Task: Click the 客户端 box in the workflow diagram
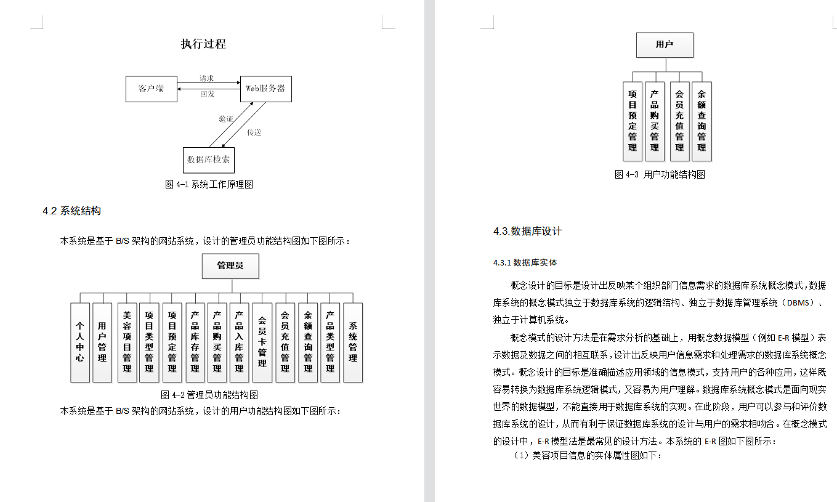pos(152,89)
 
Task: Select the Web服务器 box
pos(265,89)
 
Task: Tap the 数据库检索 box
pos(209,160)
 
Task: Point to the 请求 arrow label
pos(207,79)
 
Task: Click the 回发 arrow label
pos(208,94)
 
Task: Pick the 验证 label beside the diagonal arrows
pos(225,119)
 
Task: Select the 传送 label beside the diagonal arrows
pos(254,132)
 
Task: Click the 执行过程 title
pos(203,44)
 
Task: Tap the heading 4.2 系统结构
pos(71,211)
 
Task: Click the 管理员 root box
pos(230,266)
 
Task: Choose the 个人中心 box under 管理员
pos(80,342)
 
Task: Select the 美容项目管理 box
pos(127,342)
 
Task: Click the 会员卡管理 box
pos(262,342)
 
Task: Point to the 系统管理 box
pos(353,342)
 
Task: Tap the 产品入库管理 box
pos(239,342)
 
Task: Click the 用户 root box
pos(665,45)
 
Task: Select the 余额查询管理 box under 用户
pos(702,121)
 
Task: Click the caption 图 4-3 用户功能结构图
pos(660,174)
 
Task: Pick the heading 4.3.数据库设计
pos(527,232)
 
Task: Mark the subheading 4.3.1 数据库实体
pos(525,262)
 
